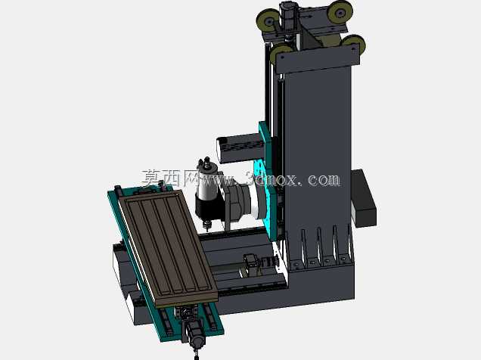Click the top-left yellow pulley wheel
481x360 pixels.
267,20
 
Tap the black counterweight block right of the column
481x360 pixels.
364,198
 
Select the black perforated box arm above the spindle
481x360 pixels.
239,148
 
